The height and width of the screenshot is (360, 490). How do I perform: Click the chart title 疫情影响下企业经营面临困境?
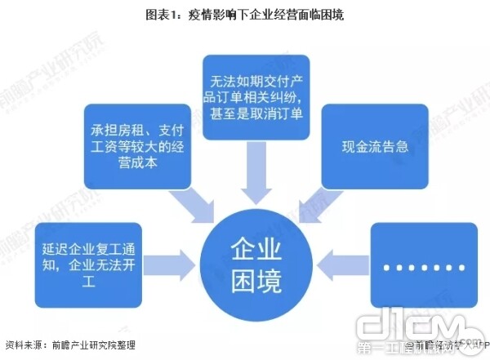[x=245, y=15]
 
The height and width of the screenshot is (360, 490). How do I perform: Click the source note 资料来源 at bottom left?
[x=24, y=346]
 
